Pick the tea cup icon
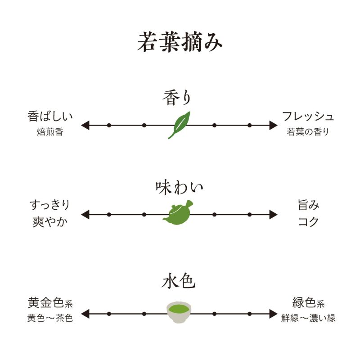tap(179, 312)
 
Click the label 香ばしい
tap(49, 117)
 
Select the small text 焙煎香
tap(49, 132)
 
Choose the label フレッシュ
tap(308, 117)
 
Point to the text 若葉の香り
tap(308, 132)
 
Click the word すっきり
tap(49, 205)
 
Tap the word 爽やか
tap(49, 221)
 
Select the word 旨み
tap(309, 205)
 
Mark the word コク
tap(309, 221)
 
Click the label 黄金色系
tap(49, 302)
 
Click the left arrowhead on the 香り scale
tap(85, 125)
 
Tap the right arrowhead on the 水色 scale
tap(273, 314)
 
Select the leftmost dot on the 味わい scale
tap(109, 215)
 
